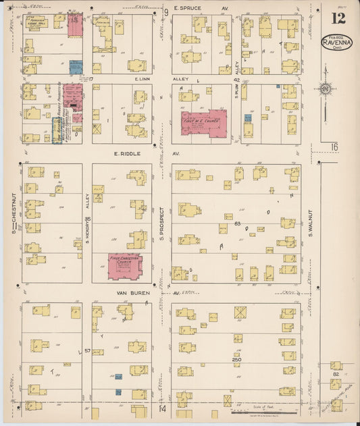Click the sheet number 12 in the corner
pyautogui.click(x=338, y=18)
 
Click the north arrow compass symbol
pyautogui.click(x=326, y=88)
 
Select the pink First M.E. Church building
pyautogui.click(x=203, y=122)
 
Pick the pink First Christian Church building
pyautogui.click(x=126, y=265)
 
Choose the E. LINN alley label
pyautogui.click(x=142, y=79)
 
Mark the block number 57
pyautogui.click(x=88, y=351)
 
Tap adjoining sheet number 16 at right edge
pyautogui.click(x=334, y=147)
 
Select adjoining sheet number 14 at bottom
pyautogui.click(x=162, y=408)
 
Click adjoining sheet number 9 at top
pyautogui.click(x=165, y=12)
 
